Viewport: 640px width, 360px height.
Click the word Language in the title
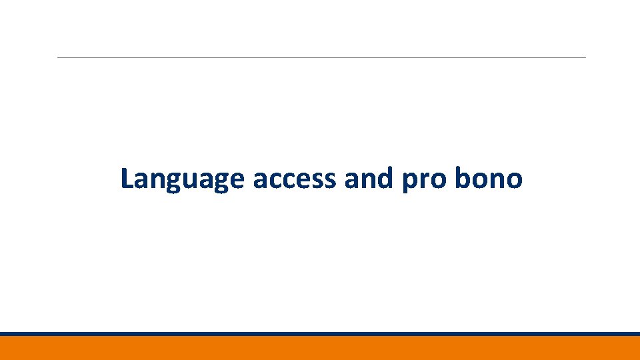[x=182, y=179]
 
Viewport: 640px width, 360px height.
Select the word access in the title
[x=294, y=179]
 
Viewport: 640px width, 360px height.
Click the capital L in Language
[x=127, y=178]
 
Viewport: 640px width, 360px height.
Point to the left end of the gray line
[x=59, y=58]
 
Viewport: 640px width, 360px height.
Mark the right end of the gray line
[x=584, y=58]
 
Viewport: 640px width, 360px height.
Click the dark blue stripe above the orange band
[x=320, y=334]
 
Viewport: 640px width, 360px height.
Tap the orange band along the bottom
[x=320, y=348]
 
